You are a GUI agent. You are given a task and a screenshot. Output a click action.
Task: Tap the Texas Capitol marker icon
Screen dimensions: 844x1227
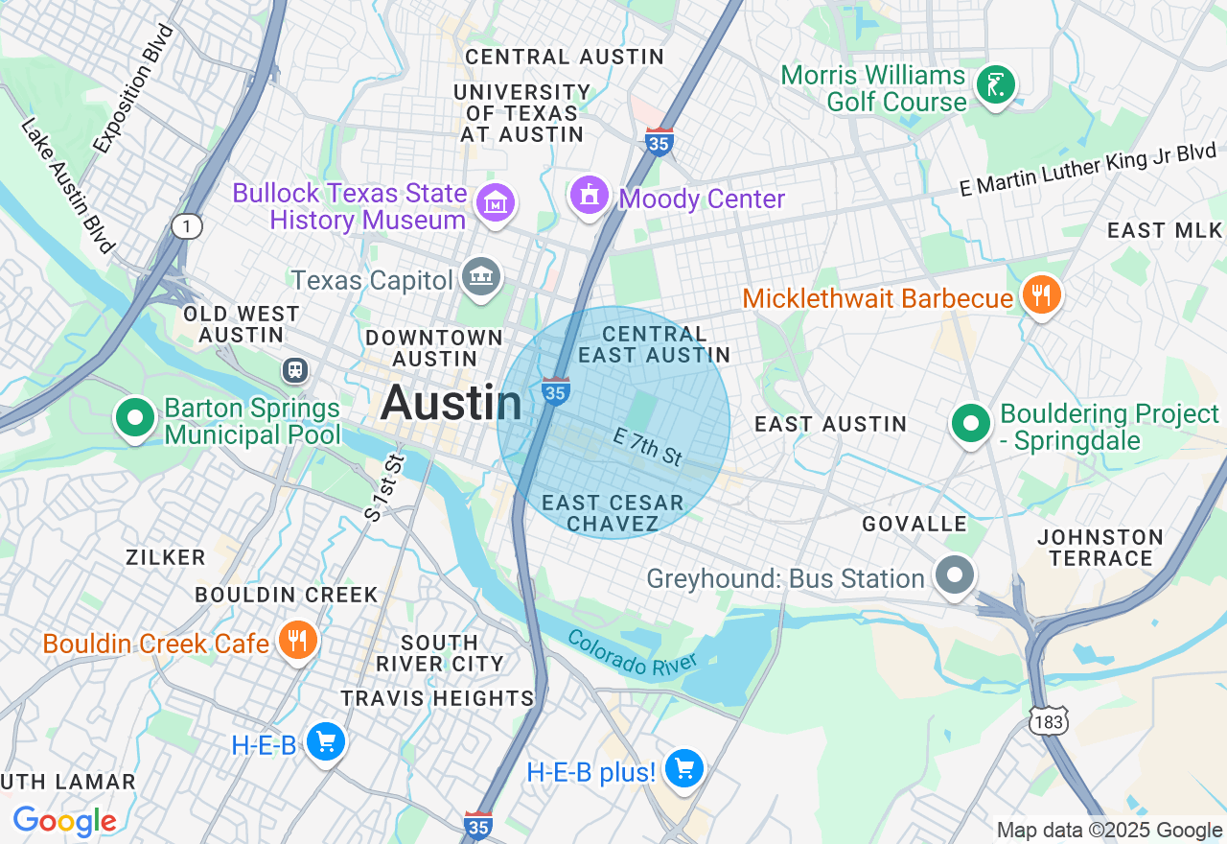coord(480,276)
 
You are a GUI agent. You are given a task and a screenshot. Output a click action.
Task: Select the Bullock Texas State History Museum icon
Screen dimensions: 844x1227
coord(497,202)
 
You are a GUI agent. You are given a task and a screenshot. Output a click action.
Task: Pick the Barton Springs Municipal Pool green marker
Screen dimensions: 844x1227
coord(135,418)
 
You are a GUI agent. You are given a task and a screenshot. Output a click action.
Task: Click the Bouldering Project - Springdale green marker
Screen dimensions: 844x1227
coord(971,423)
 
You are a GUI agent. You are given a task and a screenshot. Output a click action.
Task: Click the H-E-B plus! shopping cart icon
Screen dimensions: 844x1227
coord(684,768)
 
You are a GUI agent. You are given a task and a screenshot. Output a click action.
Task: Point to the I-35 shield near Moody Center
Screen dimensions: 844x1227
coord(659,142)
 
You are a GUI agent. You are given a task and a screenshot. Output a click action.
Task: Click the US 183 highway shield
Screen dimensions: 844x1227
coord(1049,721)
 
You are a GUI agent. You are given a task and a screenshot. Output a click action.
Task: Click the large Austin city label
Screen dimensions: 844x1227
coord(451,403)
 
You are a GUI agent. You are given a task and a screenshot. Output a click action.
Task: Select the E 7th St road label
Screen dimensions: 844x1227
coord(648,448)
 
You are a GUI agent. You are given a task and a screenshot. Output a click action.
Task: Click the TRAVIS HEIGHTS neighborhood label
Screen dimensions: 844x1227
coord(437,698)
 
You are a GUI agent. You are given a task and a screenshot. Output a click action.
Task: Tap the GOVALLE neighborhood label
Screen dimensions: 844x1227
coord(914,524)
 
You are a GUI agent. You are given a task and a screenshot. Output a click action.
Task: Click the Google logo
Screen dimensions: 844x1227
coord(64,821)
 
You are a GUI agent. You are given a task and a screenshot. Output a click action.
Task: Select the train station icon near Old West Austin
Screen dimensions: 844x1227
coord(295,369)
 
